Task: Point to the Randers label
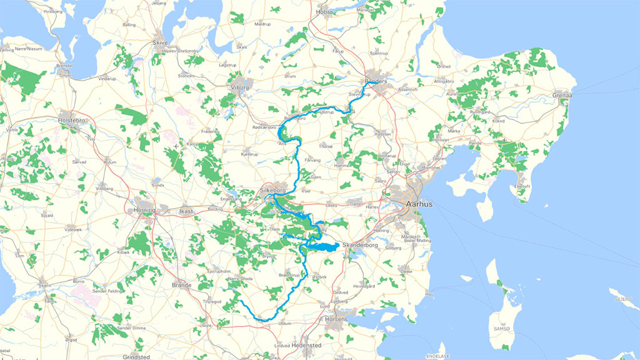pos(376,81)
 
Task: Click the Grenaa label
pos(562,96)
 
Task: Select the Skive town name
pos(161,42)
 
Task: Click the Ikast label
pos(186,211)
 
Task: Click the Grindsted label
pos(137,357)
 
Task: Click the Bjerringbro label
pos(295,117)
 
